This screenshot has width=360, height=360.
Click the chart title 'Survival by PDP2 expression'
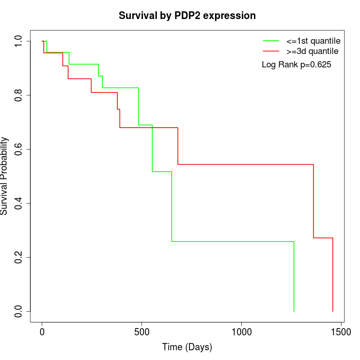coord(187,15)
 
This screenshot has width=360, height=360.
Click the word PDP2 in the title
coord(182,15)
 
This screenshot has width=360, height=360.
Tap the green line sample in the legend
coord(271,41)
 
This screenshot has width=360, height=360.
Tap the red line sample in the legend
coord(271,51)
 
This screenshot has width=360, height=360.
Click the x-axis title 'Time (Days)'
coord(187,347)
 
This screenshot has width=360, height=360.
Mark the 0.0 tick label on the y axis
coord(19,311)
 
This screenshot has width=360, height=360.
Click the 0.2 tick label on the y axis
coord(19,257)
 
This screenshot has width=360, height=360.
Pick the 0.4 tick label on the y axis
coord(19,203)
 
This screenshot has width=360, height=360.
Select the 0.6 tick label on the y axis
coord(19,149)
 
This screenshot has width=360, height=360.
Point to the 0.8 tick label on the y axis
coord(19,95)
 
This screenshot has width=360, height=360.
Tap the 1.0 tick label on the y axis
coord(19,41)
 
